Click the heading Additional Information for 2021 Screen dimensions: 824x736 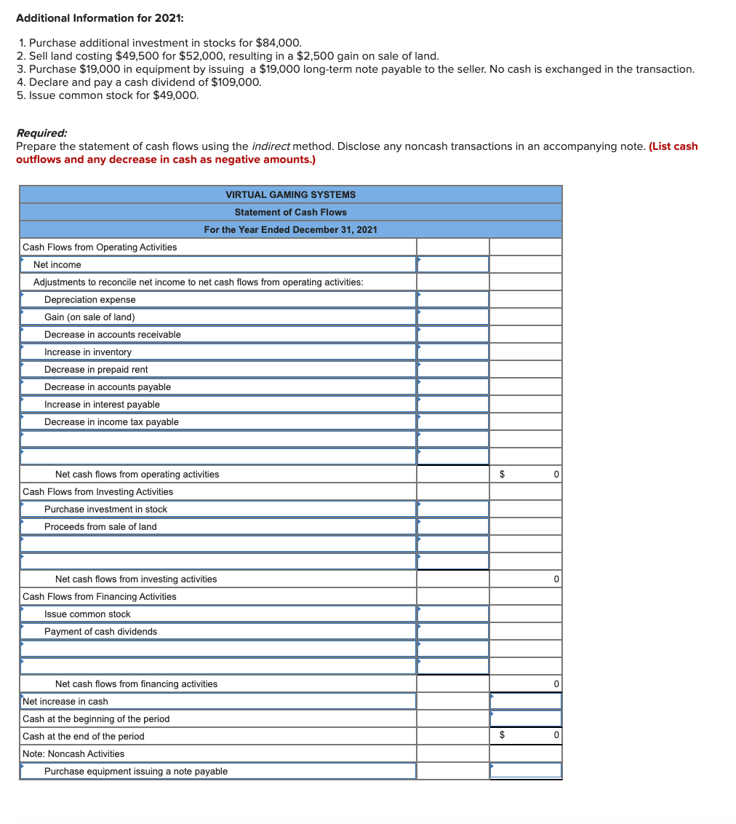point(89,17)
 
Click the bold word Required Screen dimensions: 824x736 point(41,133)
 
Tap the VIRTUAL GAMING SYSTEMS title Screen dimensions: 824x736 point(290,194)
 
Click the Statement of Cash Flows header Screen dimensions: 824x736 point(290,212)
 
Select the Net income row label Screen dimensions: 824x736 point(57,265)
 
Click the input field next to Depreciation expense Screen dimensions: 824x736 point(452,300)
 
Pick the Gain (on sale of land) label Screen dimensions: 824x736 point(89,317)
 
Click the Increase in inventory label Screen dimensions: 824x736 point(88,352)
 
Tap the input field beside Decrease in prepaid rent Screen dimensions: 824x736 point(452,370)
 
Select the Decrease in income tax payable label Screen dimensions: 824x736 point(111,422)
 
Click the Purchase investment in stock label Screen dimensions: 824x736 point(105,510)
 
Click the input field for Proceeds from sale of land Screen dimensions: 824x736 point(452,527)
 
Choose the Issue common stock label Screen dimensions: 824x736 point(87,614)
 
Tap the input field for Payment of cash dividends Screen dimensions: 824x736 point(452,632)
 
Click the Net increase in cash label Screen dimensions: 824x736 point(65,702)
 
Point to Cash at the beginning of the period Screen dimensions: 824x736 point(96,719)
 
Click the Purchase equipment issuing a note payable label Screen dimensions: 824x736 point(136,772)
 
